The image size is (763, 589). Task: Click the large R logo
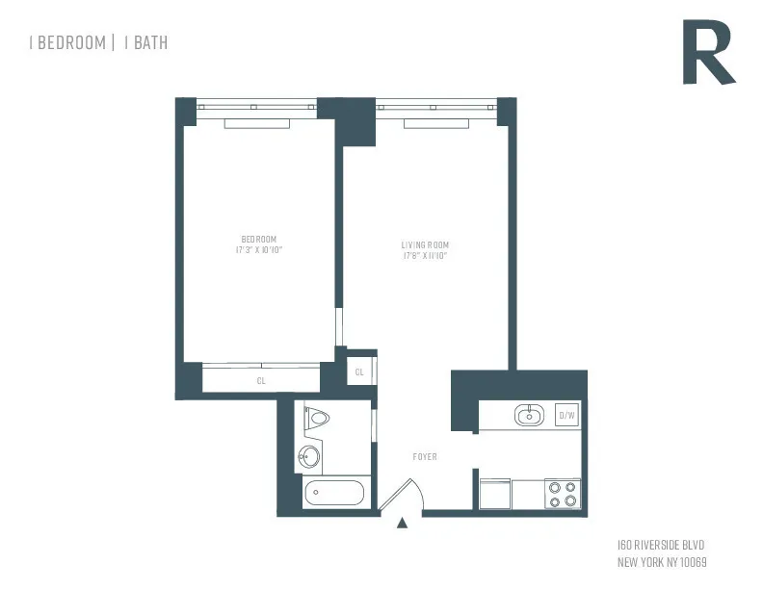[x=708, y=53]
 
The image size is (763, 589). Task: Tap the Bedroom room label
[x=259, y=239]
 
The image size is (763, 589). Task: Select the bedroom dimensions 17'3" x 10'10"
[x=259, y=250]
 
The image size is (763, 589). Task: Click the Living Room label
[x=426, y=244]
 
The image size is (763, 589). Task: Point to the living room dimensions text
[x=426, y=256]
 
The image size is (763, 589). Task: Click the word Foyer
[x=425, y=456]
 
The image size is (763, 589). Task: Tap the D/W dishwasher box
[x=566, y=416]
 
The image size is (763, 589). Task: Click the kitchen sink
[x=529, y=416]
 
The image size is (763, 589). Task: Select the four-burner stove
[x=562, y=494]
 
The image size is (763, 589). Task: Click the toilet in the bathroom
[x=316, y=419]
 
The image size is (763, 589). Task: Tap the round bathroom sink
[x=310, y=455]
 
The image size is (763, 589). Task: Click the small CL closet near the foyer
[x=359, y=371]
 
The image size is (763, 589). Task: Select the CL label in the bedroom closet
[x=261, y=381]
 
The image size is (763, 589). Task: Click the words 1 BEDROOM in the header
[x=66, y=42]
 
